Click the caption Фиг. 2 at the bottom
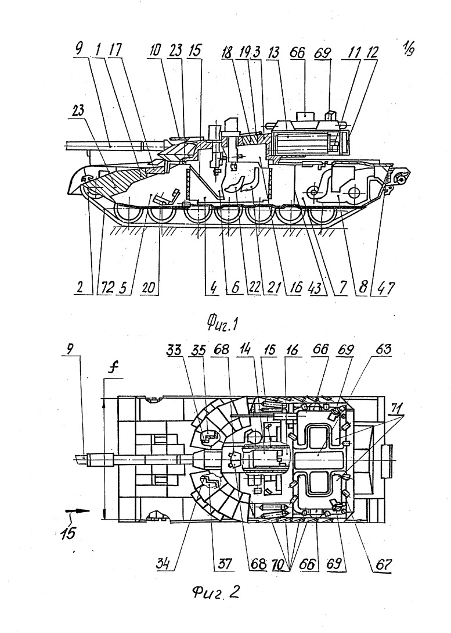[x=216, y=592]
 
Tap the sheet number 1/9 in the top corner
[x=408, y=48]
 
